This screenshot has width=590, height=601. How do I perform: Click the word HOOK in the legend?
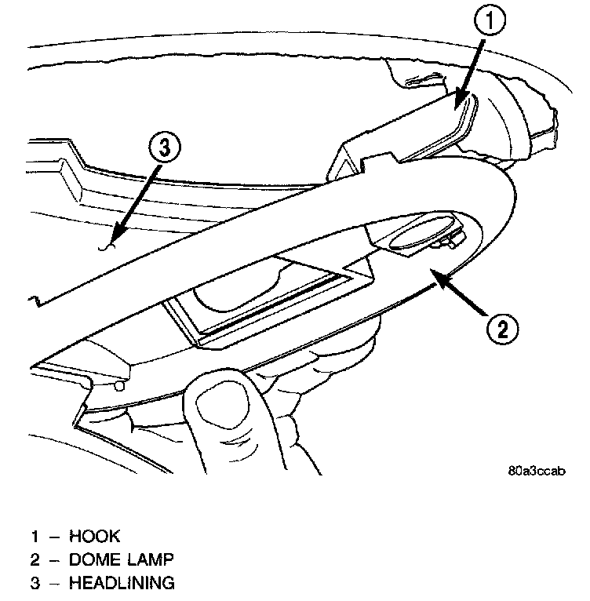tap(95, 537)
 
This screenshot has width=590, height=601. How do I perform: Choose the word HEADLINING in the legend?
tap(122, 583)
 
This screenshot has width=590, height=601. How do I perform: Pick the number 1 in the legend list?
tap(35, 537)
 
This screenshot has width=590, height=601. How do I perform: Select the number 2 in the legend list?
tap(35, 560)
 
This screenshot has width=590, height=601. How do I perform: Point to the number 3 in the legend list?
tap(35, 583)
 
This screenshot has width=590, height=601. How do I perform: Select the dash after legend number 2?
tap(53, 560)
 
